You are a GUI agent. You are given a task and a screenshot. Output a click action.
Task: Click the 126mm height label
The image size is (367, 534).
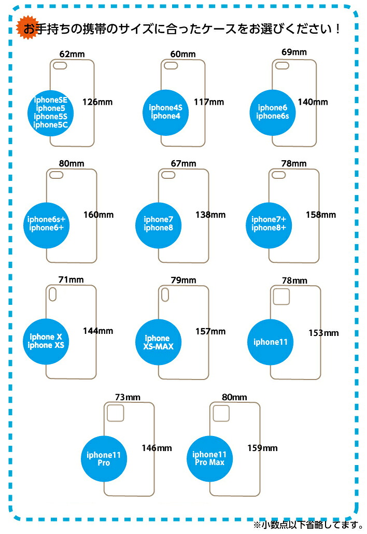click(97, 102)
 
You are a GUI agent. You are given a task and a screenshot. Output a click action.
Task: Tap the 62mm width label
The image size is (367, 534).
click(72, 54)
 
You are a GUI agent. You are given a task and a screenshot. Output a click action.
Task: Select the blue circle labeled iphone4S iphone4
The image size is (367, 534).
click(165, 113)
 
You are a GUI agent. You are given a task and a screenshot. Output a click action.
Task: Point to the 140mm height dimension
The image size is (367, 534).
click(313, 102)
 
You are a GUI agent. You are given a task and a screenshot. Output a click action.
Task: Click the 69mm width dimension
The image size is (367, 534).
click(294, 52)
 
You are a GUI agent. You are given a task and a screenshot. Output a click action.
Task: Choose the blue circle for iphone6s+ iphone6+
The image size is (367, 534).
click(46, 225)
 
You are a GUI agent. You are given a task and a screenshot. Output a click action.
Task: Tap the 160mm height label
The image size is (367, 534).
click(98, 215)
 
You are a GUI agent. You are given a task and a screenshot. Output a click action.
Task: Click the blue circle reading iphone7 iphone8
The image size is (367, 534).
click(158, 225)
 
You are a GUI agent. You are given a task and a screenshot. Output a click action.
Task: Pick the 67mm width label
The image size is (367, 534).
click(183, 163)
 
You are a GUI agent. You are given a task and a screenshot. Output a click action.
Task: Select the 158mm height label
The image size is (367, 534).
click(321, 215)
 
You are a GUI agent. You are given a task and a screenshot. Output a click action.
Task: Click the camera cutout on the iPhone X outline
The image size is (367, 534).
click(52, 294)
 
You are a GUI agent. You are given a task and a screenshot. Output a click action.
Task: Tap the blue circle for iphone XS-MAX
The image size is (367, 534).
click(158, 342)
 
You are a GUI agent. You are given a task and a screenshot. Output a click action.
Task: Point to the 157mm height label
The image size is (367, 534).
click(210, 331)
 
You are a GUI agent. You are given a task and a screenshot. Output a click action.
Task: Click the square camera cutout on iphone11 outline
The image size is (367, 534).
click(281, 297)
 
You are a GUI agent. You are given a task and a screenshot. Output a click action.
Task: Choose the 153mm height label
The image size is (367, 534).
click(323, 333)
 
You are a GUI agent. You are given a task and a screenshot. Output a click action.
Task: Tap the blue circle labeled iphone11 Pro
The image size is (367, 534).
click(104, 459)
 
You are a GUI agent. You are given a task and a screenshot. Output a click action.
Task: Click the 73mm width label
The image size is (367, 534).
click(128, 397)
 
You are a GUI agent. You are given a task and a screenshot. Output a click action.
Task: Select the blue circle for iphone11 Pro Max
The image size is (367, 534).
click(210, 458)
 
